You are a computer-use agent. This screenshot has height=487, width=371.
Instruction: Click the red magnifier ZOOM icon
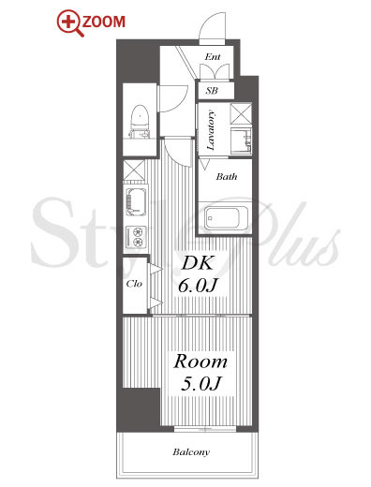pyautogui.click(x=70, y=23)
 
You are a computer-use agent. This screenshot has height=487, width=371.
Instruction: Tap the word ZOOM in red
pyautogui.click(x=104, y=22)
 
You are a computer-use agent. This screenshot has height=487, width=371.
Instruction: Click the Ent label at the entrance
pyautogui.click(x=213, y=57)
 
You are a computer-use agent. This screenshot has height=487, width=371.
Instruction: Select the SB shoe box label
pyautogui.click(x=212, y=91)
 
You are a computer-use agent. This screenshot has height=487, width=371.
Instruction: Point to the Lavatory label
pyautogui.click(x=211, y=130)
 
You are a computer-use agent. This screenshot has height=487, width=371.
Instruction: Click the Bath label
pyautogui.click(x=227, y=177)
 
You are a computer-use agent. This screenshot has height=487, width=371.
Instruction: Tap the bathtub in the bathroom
pyautogui.click(x=227, y=217)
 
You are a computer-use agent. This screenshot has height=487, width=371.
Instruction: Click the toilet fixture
pyautogui.click(x=140, y=121)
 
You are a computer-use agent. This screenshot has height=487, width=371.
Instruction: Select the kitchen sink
pyautogui.click(x=136, y=201)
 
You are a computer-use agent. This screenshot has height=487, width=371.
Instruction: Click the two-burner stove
pyautogui.click(x=136, y=237)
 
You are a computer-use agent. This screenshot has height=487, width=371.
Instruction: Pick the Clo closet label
pyautogui.click(x=134, y=284)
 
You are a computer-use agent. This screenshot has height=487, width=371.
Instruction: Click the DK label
pyautogui.click(x=198, y=263)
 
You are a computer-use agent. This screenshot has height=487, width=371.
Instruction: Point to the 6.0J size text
pyautogui.click(x=198, y=286)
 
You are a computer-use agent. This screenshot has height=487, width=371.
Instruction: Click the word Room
pyautogui.click(x=200, y=362)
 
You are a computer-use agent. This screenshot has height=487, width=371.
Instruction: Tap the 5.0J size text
pyautogui.click(x=200, y=384)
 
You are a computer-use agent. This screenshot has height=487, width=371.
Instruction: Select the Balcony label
pyautogui.click(x=191, y=452)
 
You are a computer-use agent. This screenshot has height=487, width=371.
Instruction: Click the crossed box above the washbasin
pyautogui.click(x=241, y=114)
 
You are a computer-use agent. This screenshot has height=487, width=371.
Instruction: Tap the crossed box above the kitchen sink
pyautogui.click(x=134, y=170)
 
